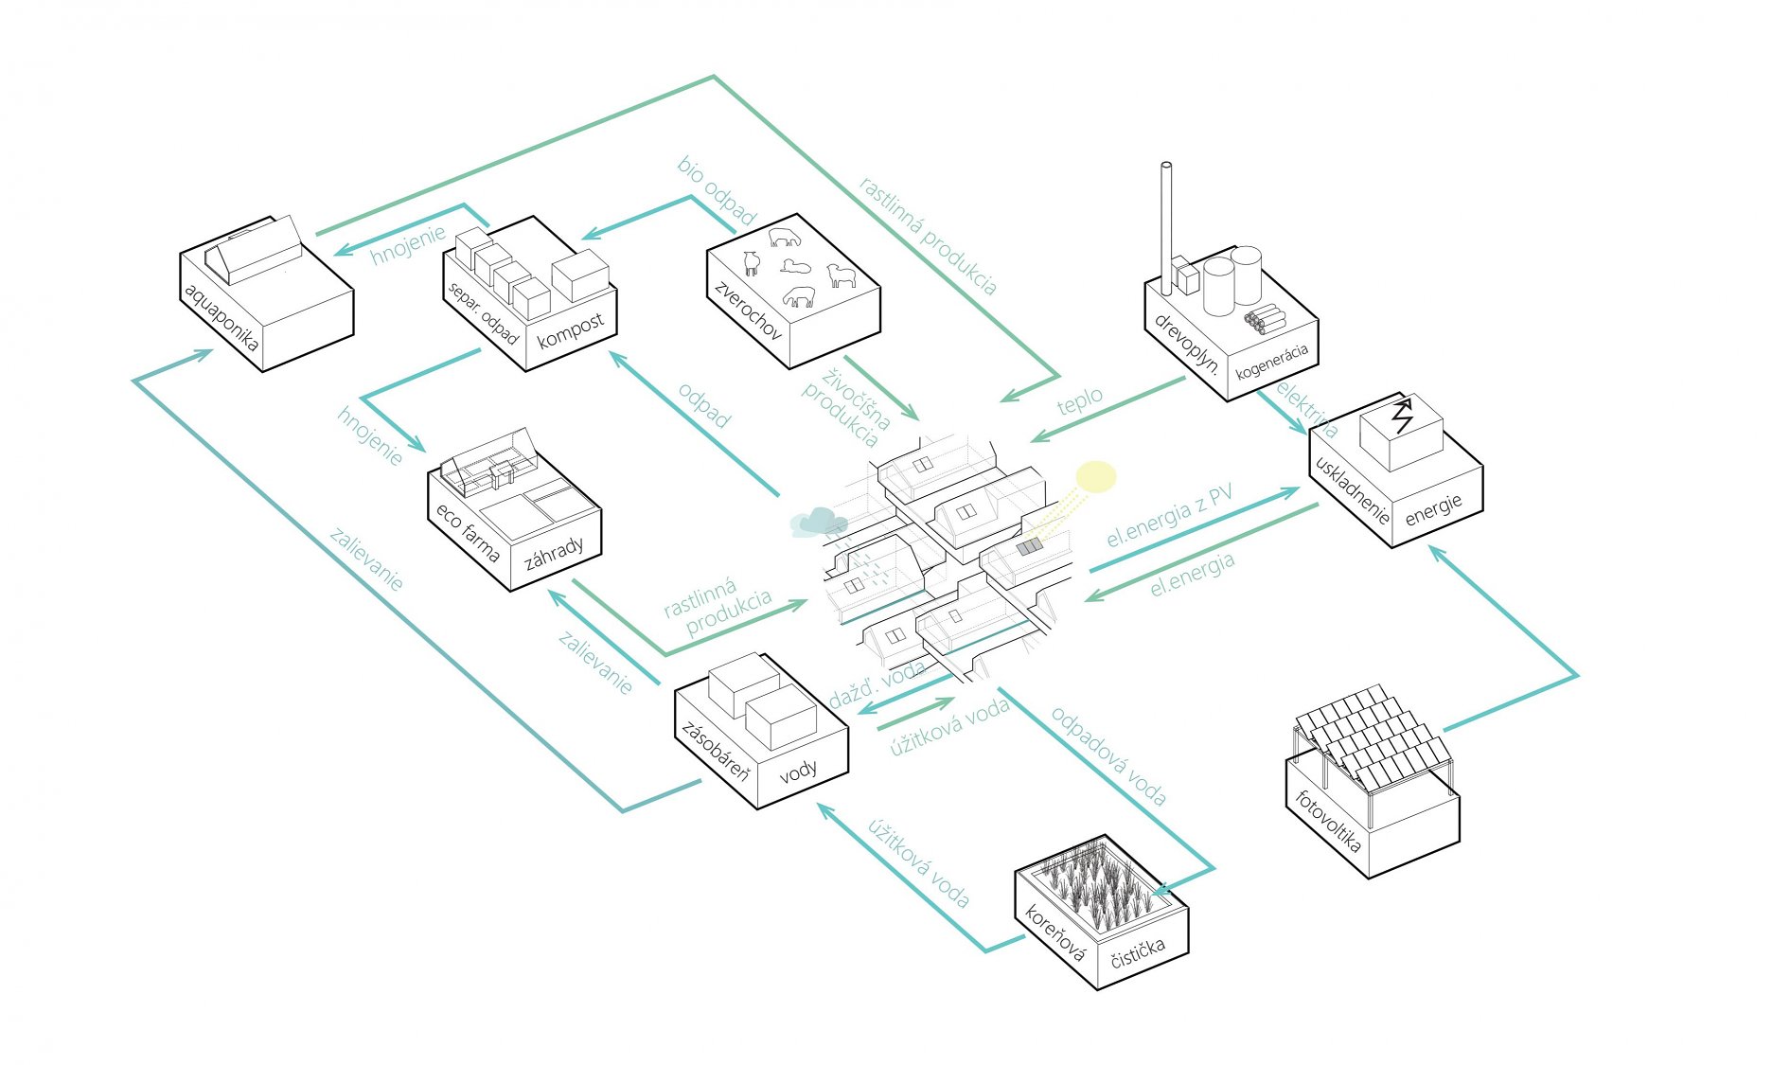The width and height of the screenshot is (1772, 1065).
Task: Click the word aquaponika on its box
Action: click(x=221, y=317)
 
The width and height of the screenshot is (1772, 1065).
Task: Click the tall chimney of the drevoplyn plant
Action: click(x=1166, y=218)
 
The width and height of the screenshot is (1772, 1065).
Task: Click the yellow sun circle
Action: click(x=1096, y=477)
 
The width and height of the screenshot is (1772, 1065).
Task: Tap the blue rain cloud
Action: click(x=818, y=522)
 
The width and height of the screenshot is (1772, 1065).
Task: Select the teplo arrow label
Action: click(x=1080, y=400)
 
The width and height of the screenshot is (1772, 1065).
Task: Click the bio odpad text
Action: click(x=717, y=190)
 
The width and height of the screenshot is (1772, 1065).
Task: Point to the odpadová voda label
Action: click(x=1108, y=755)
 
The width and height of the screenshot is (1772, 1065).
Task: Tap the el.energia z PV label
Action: click(x=1170, y=516)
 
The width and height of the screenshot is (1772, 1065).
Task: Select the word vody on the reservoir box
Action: click(x=798, y=772)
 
